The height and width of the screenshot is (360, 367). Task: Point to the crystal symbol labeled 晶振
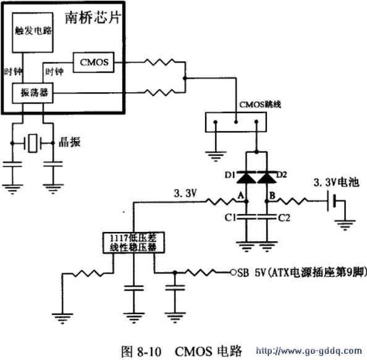[x=33, y=144]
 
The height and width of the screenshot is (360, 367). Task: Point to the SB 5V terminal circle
[x=232, y=272]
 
